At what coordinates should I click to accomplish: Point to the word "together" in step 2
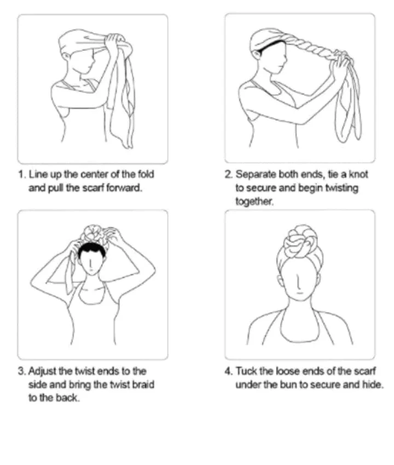tap(254, 202)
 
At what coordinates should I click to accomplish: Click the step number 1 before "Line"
tap(22, 174)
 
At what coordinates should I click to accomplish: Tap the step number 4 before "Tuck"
tap(228, 371)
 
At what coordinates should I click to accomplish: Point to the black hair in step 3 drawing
tap(91, 251)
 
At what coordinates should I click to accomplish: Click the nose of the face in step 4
tap(299, 282)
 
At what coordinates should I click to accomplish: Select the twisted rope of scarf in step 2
tap(309, 48)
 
